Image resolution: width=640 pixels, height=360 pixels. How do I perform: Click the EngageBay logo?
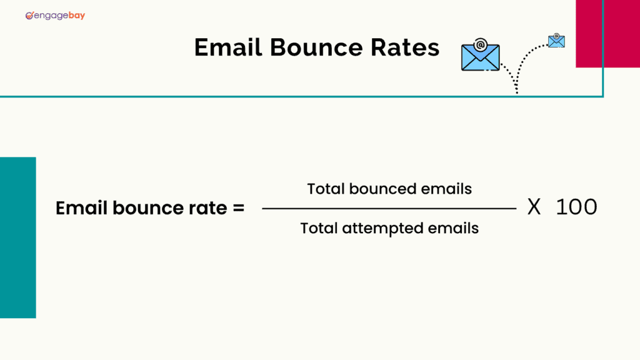click(55, 15)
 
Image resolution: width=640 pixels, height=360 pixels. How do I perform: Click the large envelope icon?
click(480, 57)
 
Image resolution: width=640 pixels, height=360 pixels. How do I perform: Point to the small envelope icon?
click(556, 41)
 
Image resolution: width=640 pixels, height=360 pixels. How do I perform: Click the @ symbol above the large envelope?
click(480, 44)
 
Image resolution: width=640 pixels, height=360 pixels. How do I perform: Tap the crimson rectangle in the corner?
click(607, 33)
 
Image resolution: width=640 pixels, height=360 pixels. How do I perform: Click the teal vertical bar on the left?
click(17, 237)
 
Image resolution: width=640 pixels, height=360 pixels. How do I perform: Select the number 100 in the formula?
click(576, 207)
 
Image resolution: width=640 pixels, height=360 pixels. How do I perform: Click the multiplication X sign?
click(534, 207)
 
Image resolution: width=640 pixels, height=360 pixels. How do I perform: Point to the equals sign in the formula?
click(238, 208)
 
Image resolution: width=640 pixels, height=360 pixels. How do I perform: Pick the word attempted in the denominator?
click(382, 228)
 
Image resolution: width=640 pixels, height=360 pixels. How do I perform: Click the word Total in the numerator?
click(326, 188)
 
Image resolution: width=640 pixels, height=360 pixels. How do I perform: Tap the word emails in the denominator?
click(455, 228)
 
